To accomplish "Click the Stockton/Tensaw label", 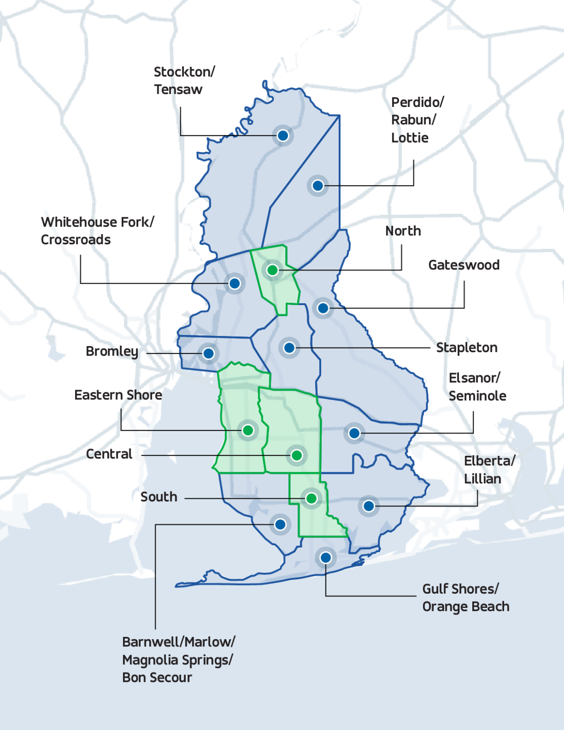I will pos(184,81).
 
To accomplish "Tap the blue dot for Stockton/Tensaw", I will pos(283,136).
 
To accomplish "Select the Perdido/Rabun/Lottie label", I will pos(417,120).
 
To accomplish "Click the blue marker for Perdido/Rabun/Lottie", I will pos(318,185).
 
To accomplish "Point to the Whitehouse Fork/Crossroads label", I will pos(97,231).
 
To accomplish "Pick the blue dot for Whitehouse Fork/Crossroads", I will pos(234,284).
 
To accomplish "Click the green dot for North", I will pos(272,270).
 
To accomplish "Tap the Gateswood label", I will pos(464,265).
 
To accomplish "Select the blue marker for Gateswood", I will pos(323,308).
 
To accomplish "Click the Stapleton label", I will pos(467,348).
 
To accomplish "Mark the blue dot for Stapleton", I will pos(289,348).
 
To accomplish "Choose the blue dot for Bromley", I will pos(209,354).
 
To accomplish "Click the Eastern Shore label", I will pos(118,395).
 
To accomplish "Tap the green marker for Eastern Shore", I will pos(248,431).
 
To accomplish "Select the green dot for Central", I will pos(297,456).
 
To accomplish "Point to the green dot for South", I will pos(312,499).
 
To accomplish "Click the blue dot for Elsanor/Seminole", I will pos(354,433).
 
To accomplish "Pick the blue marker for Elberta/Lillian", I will pos(369,506).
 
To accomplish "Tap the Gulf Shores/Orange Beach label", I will pos(465,598).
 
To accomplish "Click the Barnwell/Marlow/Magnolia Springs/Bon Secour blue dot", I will pos(280,525).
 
